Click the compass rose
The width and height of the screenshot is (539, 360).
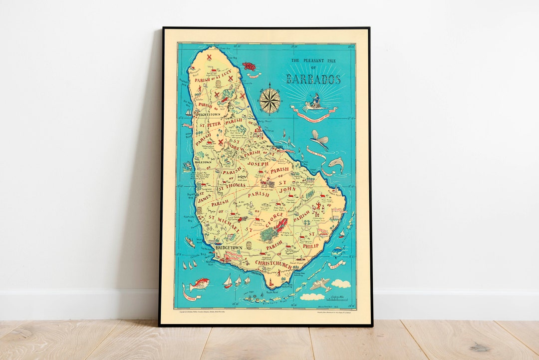(269, 100)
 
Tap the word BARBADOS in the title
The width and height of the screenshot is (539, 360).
(313, 79)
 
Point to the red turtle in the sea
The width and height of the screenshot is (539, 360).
(249, 66)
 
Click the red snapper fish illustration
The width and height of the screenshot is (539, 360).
(199, 285)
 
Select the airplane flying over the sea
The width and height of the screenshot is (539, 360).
(320, 285)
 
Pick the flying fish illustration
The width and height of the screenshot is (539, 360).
(319, 139)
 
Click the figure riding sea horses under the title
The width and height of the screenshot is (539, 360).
(315, 102)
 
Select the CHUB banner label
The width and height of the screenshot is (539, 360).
(335, 263)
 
